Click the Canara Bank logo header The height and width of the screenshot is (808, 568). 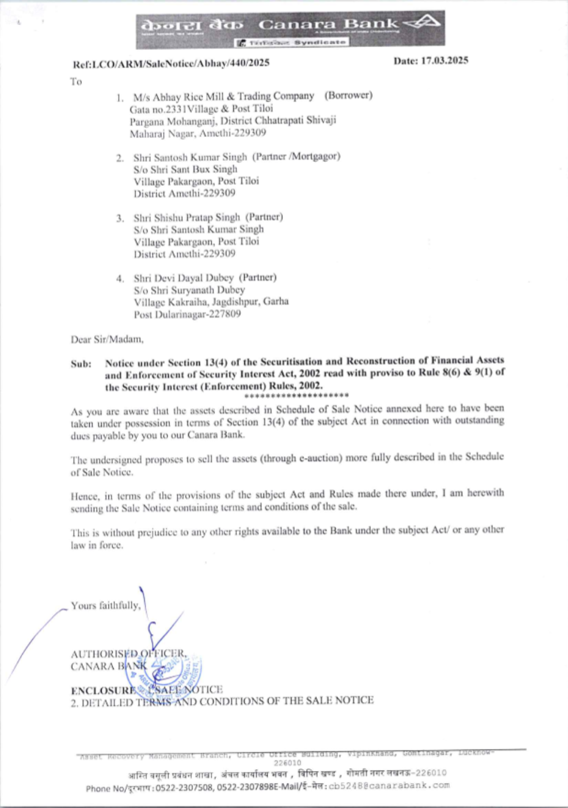290,30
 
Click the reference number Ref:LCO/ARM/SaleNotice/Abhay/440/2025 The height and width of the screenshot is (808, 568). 171,63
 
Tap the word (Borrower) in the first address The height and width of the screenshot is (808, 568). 348,95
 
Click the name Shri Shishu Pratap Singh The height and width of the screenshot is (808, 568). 187,217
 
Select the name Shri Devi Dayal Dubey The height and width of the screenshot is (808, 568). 183,278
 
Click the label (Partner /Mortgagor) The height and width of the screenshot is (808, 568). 296,156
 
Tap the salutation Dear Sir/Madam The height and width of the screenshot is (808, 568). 107,339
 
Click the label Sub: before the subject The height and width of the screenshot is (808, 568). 81,364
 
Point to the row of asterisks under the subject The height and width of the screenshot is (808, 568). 296,395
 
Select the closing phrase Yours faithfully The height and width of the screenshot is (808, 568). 106,606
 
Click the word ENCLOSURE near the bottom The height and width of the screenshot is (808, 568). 103,690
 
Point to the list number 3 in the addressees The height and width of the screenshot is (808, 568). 120,218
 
